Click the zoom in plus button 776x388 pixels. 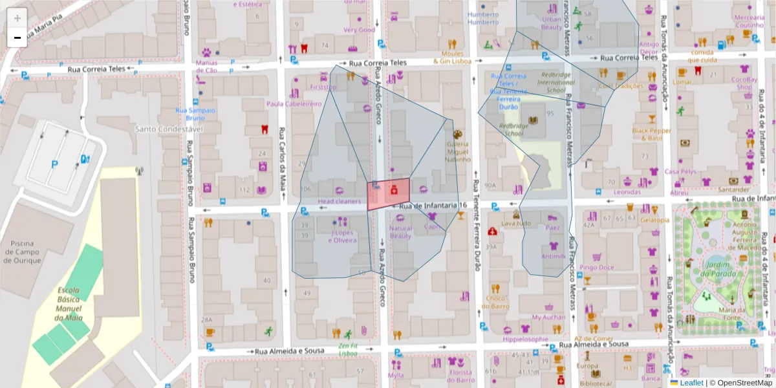(17, 17)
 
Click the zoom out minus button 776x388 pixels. (17, 38)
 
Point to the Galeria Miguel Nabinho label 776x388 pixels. (458, 152)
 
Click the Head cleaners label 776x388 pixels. (339, 202)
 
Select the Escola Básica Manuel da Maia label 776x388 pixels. (69, 304)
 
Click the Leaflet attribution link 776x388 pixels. (691, 383)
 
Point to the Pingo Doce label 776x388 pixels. (597, 267)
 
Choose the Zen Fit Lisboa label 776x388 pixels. (348, 350)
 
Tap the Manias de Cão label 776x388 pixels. (206, 67)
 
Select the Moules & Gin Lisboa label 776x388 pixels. (453, 58)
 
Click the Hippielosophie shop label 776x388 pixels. (526, 338)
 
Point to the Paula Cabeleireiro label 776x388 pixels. (294, 103)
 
